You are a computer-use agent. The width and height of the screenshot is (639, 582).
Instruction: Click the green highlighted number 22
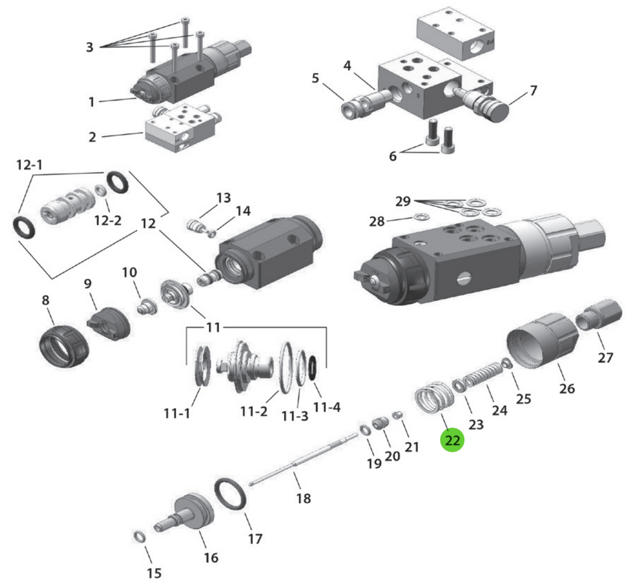(453, 440)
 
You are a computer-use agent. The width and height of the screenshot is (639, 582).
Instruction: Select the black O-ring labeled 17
(231, 494)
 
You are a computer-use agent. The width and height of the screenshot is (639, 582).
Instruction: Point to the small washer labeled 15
(139, 537)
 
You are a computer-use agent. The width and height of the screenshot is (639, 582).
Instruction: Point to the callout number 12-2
(107, 220)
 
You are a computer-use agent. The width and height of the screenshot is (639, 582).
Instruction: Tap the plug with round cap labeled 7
(487, 105)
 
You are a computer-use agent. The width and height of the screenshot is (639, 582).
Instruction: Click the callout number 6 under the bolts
(393, 156)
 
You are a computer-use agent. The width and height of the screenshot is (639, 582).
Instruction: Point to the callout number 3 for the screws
(89, 47)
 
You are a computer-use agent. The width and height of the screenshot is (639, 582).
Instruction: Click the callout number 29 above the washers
(403, 201)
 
